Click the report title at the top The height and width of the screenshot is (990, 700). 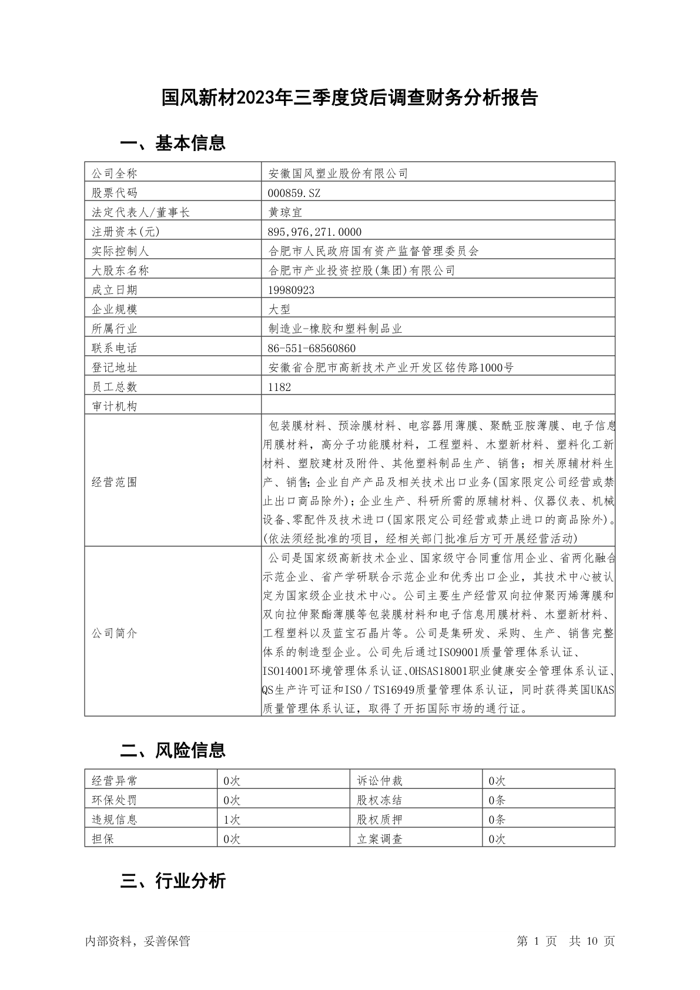350,98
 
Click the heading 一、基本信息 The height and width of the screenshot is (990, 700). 173,143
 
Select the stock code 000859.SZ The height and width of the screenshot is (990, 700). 294,193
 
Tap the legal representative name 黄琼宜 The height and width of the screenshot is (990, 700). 285,212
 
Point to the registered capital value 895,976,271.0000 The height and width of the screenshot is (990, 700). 314,232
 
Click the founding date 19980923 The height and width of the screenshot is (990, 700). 291,290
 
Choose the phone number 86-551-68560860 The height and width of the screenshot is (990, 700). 312,348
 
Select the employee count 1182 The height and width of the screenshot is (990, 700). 279,387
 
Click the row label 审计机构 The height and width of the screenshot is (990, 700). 115,406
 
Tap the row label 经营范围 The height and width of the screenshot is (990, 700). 115,482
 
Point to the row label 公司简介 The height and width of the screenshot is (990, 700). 115,633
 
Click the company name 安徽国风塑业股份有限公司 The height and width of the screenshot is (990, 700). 338,173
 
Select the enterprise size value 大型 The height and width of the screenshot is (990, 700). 279,309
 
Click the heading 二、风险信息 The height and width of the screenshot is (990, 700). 173,750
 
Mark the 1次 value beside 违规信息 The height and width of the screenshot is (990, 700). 232,820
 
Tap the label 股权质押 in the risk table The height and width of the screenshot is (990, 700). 380,820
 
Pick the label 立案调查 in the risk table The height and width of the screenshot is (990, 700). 380,839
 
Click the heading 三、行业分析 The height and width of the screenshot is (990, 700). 173,881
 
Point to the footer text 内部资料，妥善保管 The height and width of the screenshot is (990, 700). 138,941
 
